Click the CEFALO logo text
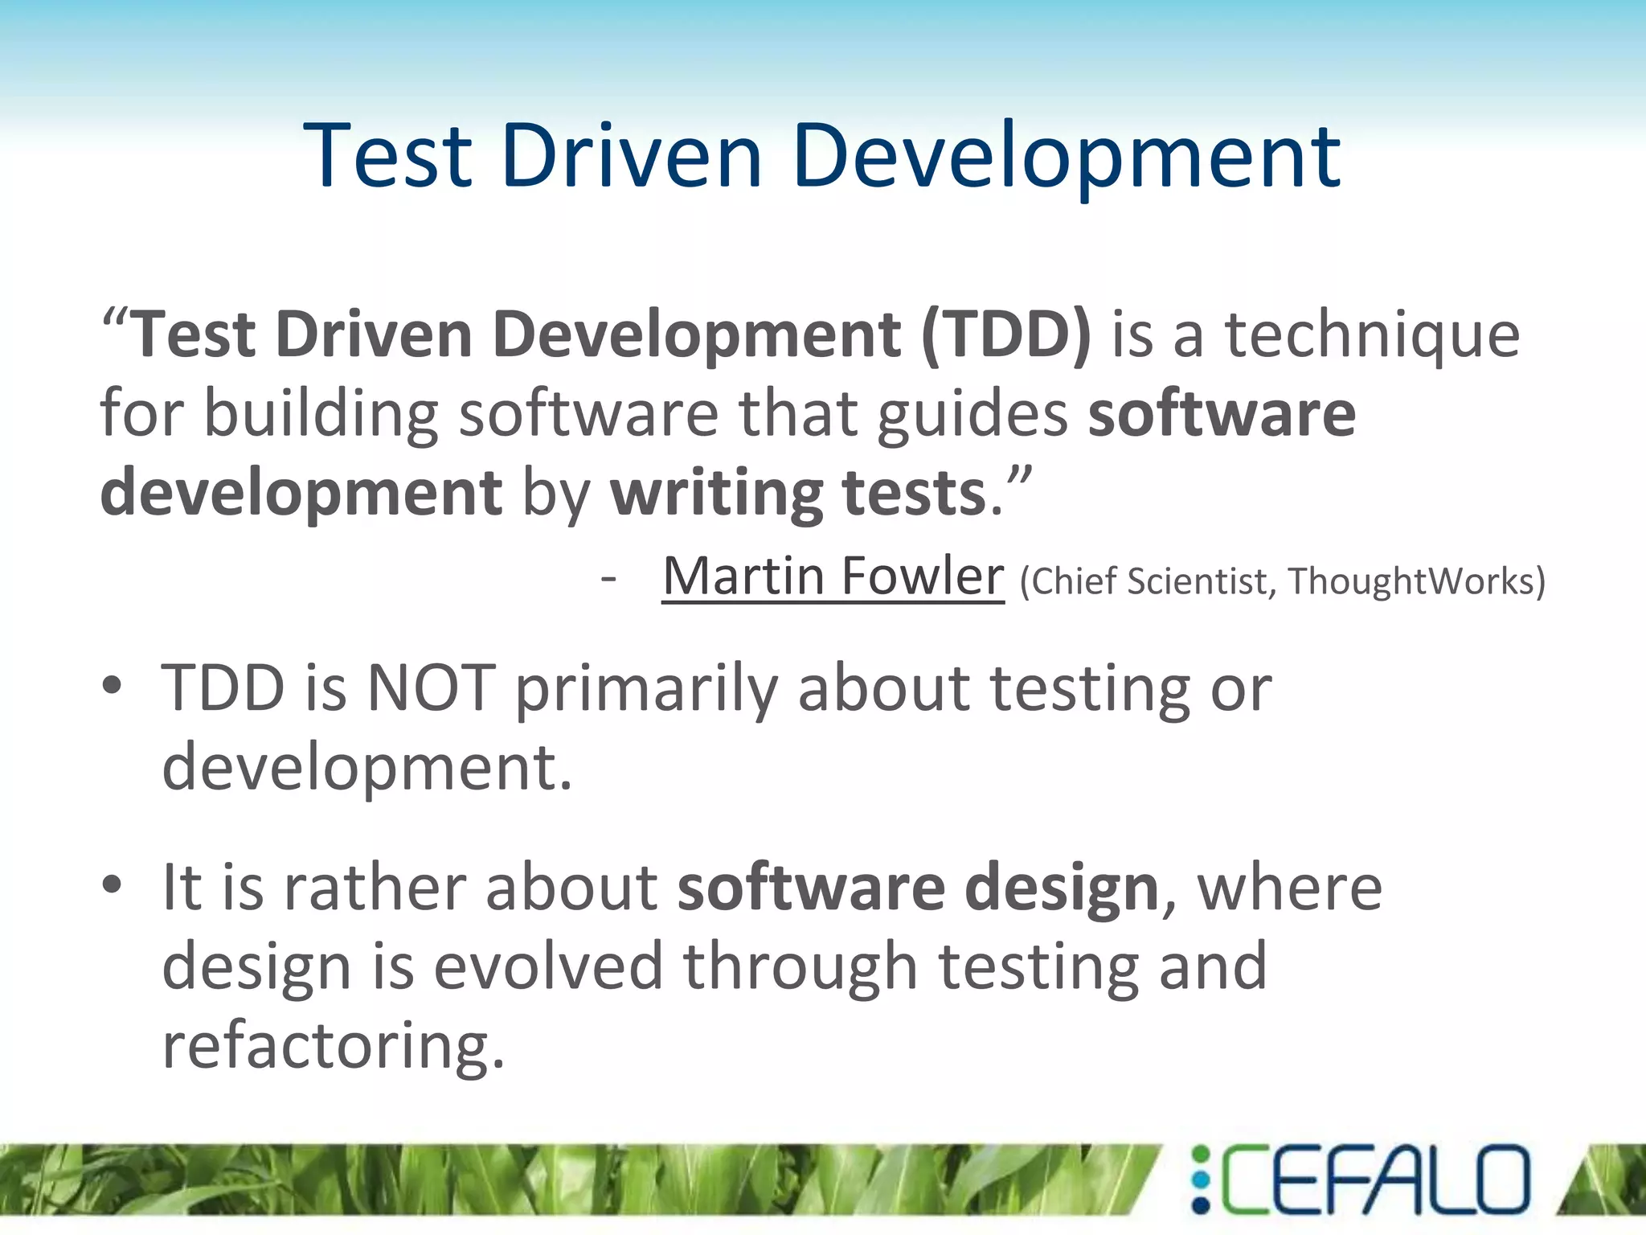pos(1374,1180)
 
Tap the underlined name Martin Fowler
pos(833,576)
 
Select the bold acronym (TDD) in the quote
pos(1006,334)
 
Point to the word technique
pos(1372,336)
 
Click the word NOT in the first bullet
pos(431,688)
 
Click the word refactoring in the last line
pos(334,1045)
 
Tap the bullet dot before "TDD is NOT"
pos(112,686)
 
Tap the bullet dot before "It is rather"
pos(112,884)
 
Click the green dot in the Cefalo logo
pos(1201,1155)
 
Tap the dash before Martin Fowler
pos(608,577)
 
